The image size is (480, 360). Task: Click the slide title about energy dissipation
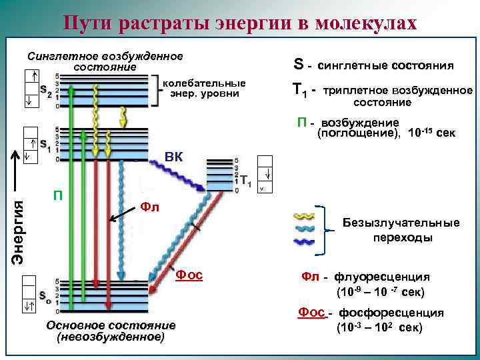240,23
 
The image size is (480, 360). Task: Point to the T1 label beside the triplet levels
245,180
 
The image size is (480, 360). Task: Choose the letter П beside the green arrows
59,195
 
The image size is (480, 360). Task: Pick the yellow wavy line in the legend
306,217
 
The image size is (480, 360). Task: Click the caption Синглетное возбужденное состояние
105,61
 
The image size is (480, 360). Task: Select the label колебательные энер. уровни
205,89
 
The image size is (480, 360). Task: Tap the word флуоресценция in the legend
392,276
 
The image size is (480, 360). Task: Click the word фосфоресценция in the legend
391,313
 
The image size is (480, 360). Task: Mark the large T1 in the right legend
300,90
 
